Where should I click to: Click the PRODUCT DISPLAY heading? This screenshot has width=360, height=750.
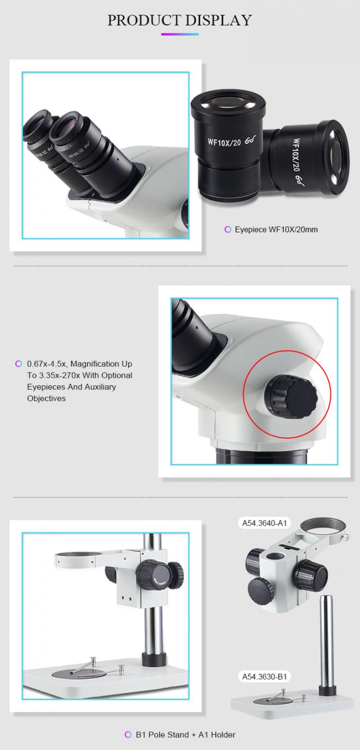click(x=179, y=20)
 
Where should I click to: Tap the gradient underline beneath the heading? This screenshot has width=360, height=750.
click(x=179, y=34)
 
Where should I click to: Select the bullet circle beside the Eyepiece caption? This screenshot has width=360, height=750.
click(x=228, y=229)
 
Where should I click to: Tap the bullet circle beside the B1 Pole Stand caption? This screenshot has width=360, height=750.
click(x=127, y=734)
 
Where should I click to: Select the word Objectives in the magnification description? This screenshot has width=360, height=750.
click(x=47, y=398)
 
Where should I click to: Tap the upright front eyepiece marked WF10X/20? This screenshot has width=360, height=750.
click(x=228, y=143)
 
